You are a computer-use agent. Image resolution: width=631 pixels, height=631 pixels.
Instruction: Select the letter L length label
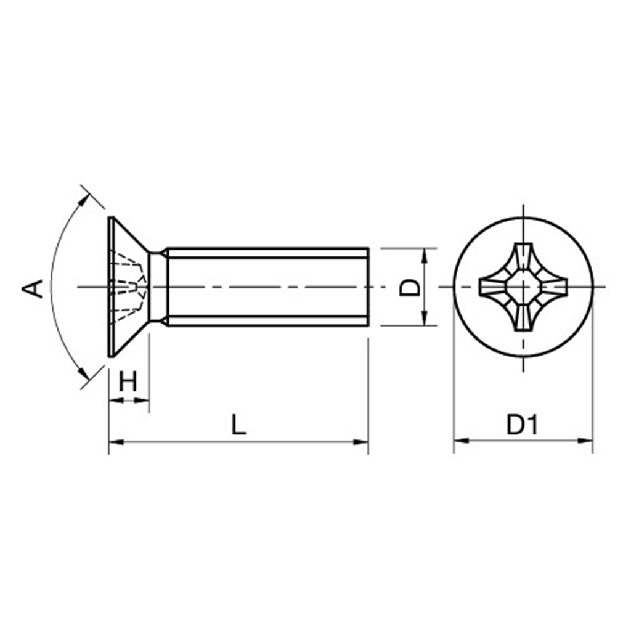pos(238,425)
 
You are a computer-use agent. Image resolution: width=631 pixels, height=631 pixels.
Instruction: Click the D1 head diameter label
pos(522,425)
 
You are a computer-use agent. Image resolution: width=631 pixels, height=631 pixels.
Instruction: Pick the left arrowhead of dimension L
pos(116,442)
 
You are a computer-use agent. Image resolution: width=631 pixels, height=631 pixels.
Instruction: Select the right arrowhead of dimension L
pos(361,442)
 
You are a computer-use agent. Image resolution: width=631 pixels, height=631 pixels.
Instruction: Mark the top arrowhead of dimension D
pos(424,255)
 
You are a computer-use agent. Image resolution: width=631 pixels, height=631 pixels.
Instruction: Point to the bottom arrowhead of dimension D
pos(424,319)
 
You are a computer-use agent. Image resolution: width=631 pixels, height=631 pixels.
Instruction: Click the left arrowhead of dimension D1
pos(461,441)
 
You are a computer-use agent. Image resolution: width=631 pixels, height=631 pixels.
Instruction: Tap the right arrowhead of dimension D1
pos(585,441)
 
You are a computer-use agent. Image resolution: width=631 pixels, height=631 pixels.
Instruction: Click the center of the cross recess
pos(523,287)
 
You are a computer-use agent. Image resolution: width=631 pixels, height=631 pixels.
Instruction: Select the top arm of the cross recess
pos(523,258)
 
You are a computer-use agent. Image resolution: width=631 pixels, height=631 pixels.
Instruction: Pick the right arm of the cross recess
pos(553,287)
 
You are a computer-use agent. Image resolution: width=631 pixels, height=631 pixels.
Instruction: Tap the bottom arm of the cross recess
pos(523,316)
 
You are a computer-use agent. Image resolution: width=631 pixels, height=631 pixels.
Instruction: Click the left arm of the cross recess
pos(494,287)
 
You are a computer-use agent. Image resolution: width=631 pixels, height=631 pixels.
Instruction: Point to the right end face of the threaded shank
pos(368,287)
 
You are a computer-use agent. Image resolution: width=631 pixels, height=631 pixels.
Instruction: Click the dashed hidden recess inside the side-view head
pos(128,287)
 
